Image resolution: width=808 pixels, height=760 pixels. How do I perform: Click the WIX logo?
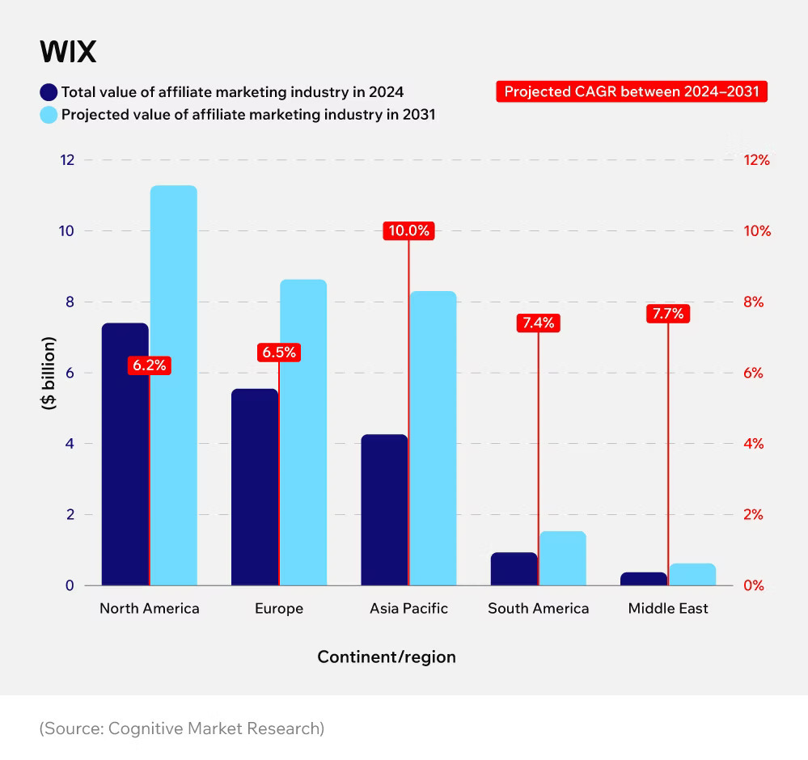(68, 53)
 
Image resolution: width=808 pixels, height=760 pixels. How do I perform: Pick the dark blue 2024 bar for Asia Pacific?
(384, 509)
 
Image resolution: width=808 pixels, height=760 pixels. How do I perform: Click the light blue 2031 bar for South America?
(562, 559)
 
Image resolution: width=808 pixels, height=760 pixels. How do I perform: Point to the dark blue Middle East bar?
(644, 578)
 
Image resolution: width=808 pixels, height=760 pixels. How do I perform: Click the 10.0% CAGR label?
(408, 230)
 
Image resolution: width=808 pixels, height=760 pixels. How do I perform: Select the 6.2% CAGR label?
(149, 365)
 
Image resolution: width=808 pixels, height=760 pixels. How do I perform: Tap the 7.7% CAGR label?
(668, 313)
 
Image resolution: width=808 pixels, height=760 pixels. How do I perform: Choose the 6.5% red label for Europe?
(279, 353)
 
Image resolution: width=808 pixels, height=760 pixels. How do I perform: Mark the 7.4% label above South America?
(538, 323)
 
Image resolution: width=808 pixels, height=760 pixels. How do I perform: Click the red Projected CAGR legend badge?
(631, 91)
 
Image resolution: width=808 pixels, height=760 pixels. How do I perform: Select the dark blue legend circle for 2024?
(49, 91)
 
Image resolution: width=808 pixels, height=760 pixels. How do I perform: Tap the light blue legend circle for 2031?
(49, 115)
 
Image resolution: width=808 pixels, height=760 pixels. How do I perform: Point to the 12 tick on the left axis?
(67, 160)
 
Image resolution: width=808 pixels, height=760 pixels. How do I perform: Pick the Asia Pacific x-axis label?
(408, 608)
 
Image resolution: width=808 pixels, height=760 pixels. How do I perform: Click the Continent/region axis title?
(387, 657)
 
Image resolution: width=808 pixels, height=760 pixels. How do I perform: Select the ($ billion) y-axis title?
(49, 373)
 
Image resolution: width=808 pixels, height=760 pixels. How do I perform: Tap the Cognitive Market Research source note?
(182, 728)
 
